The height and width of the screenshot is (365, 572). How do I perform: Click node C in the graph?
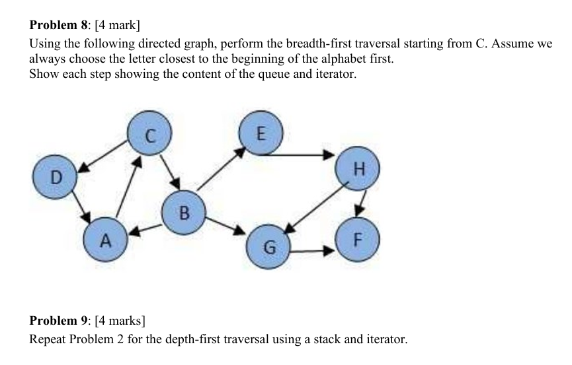point(149,136)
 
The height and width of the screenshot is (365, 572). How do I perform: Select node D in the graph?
point(56,177)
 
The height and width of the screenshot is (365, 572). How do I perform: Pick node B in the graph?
point(184,213)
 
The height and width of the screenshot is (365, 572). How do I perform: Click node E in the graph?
point(260,133)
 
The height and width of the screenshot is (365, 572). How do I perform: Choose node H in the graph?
point(358,169)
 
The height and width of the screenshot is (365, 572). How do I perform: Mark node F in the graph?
point(357,238)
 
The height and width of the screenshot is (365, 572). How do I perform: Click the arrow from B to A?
point(145,228)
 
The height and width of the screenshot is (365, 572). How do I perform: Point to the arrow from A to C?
point(128,187)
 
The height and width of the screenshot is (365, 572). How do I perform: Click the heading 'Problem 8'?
point(60,26)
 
